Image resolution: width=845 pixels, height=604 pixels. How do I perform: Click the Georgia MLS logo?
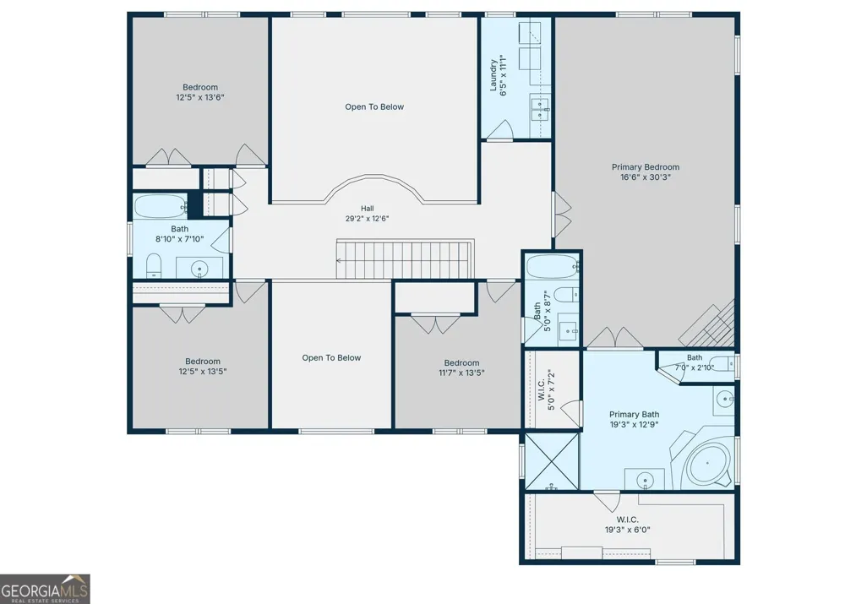(45, 589)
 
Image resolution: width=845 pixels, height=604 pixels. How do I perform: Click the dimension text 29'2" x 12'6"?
(367, 219)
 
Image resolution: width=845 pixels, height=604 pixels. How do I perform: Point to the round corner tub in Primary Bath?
(708, 464)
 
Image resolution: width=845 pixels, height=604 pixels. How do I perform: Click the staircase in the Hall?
(405, 259)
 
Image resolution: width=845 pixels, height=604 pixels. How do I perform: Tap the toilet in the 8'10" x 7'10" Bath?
(154, 265)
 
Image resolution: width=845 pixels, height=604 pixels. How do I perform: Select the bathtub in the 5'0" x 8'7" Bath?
(552, 267)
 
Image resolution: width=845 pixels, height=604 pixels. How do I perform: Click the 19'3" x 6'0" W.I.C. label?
(627, 525)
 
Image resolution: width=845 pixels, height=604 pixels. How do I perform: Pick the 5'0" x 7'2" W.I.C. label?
(547, 389)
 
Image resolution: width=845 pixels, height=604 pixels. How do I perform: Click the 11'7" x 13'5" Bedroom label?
(461, 367)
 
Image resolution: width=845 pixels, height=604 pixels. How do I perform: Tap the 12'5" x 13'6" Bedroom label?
(200, 92)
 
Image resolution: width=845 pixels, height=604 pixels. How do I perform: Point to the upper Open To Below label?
(374, 106)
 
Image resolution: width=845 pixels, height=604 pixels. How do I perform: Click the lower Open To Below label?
(331, 358)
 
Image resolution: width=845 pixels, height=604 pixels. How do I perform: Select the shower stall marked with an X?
(552, 460)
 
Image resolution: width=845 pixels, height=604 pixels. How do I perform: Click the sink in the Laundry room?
(540, 109)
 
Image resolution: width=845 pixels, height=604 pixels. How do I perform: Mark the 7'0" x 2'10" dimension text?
(694, 368)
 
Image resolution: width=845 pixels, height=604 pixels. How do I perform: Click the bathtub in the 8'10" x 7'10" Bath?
(160, 206)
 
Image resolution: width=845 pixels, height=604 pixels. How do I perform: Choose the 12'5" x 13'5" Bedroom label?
(203, 367)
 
